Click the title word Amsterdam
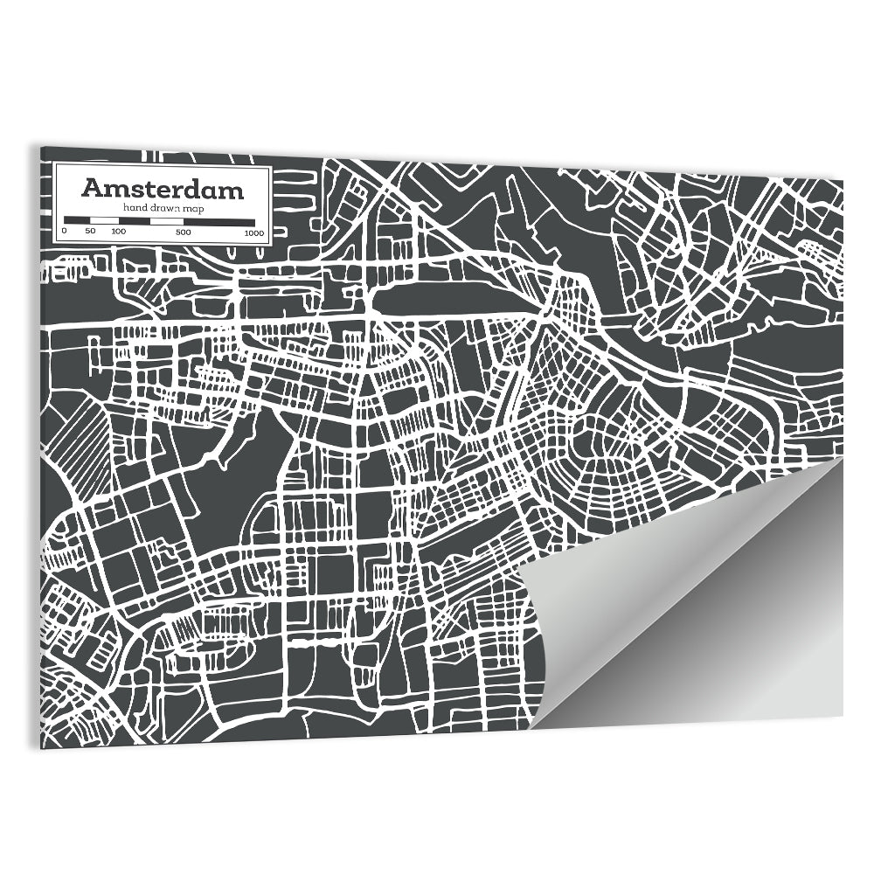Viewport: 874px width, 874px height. coord(163,189)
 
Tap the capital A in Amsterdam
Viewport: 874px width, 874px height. coord(91,189)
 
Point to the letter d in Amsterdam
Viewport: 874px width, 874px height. coord(202,189)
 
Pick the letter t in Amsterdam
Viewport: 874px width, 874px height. coord(143,189)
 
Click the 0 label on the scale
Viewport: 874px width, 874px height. coord(64,232)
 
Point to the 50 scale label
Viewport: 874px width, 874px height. coord(89,232)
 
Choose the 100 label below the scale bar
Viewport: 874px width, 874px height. coord(119,232)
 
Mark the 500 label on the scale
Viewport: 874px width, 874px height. coord(183,232)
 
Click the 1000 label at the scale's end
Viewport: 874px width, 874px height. coord(254,232)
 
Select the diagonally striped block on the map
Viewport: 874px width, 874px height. coord(77,446)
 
